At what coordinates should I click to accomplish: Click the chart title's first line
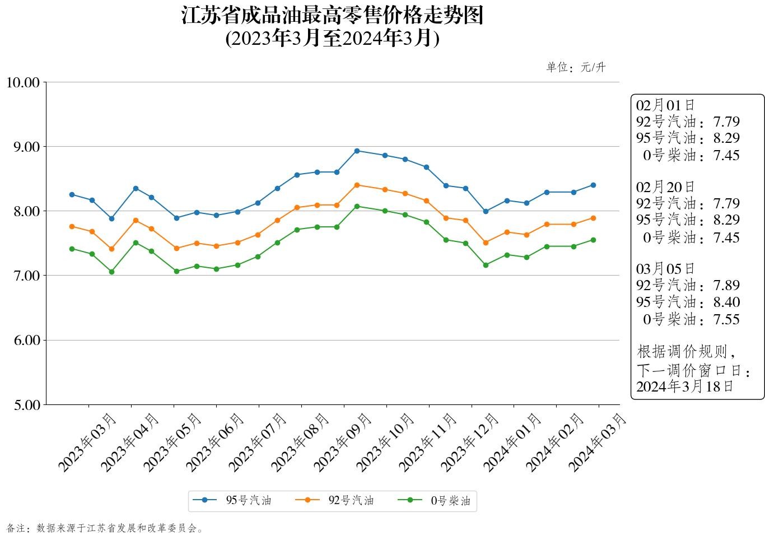332,16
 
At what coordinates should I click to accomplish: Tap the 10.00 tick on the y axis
23,83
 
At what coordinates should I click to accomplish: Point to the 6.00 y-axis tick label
27,341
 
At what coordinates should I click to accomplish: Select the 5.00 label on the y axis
27,405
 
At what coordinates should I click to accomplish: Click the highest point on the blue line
357,151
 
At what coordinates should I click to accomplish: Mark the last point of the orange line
593,218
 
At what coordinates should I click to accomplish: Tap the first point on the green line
72,249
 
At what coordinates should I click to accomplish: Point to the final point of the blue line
593,185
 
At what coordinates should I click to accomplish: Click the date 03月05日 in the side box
665,269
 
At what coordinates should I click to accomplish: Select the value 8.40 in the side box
726,302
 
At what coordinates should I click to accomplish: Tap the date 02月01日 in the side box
665,105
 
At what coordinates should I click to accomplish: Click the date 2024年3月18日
684,386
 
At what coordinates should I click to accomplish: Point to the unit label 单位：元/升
576,68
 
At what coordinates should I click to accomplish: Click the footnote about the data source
105,528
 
